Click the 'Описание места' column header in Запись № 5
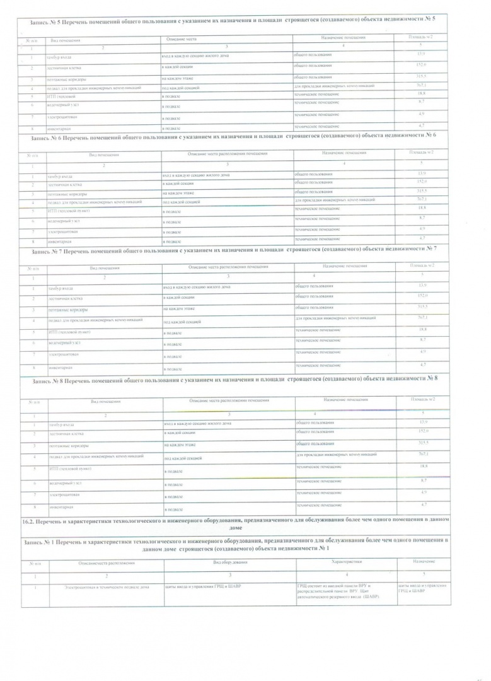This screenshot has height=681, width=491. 182,40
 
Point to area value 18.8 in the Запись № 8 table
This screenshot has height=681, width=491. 423,466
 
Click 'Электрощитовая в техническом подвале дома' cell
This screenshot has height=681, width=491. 107,587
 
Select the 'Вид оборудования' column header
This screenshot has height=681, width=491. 230,561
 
